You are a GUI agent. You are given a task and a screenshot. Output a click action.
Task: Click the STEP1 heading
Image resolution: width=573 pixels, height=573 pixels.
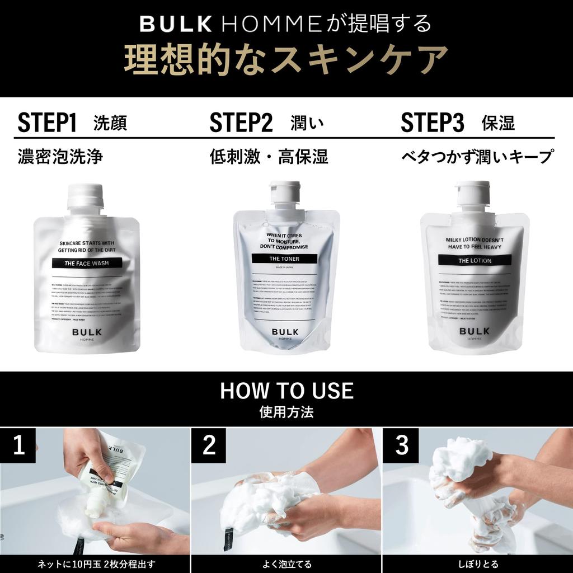(x=47, y=123)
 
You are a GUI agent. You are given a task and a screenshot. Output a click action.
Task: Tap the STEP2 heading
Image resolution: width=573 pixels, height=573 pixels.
(x=241, y=123)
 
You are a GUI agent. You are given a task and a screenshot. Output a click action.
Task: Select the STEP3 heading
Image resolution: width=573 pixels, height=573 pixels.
(x=433, y=123)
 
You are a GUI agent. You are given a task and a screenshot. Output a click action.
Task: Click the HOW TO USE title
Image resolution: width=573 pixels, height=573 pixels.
(x=286, y=391)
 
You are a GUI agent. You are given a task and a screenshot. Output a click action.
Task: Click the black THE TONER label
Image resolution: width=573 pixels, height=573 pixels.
(x=285, y=259)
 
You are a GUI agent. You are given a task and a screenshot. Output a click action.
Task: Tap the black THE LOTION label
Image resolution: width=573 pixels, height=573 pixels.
(x=475, y=260)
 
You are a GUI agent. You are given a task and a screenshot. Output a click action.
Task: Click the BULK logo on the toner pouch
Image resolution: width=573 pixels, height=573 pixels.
(x=285, y=331)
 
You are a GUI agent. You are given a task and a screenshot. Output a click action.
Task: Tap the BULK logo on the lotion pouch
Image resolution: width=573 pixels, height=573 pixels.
(x=475, y=331)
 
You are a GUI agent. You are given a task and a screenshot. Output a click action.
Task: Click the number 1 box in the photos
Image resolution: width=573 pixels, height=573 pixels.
(x=18, y=445)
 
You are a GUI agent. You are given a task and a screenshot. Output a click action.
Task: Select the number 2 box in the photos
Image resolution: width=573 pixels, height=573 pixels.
(x=209, y=445)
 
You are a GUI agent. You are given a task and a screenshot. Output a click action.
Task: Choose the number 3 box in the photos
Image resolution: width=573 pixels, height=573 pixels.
(x=401, y=445)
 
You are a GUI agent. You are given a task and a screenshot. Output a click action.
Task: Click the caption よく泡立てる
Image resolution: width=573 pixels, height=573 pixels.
(x=286, y=564)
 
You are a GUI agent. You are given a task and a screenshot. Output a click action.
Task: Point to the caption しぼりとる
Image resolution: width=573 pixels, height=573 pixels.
(x=477, y=564)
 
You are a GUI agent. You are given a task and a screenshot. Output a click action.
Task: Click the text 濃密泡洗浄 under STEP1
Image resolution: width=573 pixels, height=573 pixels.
(x=60, y=157)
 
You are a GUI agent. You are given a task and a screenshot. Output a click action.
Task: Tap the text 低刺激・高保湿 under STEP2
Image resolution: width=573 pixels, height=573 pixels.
(x=269, y=157)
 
